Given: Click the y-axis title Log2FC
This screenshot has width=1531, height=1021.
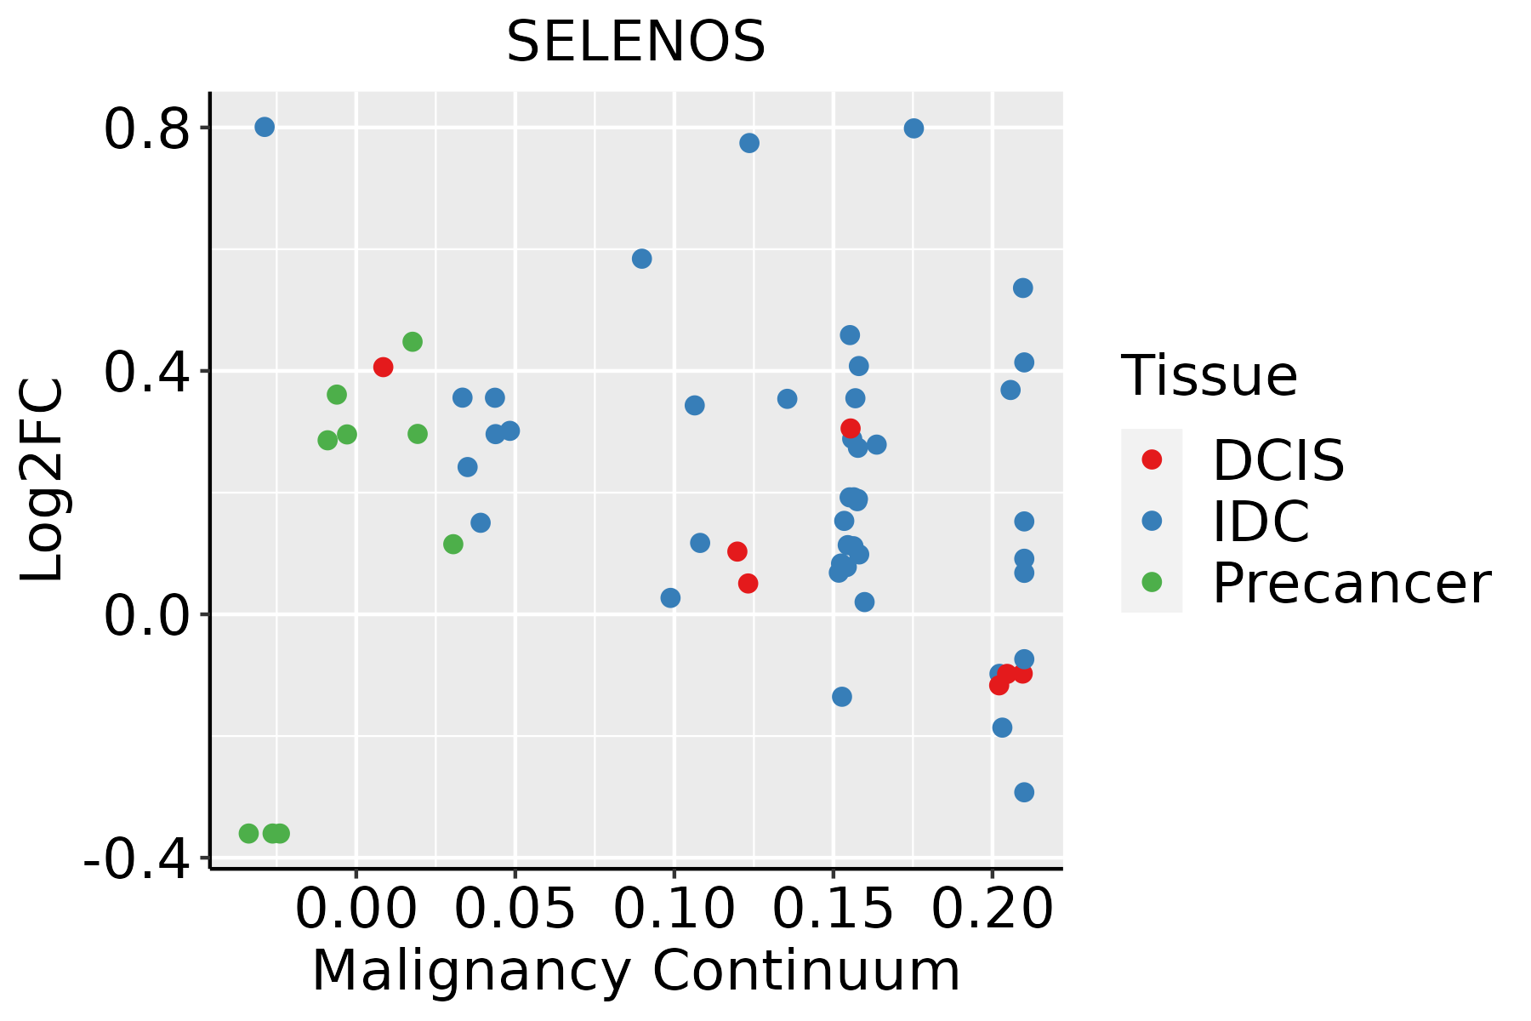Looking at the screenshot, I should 43,481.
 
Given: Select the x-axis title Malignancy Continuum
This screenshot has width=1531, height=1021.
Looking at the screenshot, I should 635,972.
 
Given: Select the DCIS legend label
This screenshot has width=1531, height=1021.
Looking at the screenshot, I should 1278,460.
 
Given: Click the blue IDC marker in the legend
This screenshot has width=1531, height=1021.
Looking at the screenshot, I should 1152,521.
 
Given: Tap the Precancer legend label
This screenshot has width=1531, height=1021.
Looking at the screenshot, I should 1351,584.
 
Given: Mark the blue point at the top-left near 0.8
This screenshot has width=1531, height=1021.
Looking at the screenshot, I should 265,127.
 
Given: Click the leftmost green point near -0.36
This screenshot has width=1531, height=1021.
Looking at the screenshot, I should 248,833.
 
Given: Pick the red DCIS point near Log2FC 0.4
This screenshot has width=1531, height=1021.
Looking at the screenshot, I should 383,367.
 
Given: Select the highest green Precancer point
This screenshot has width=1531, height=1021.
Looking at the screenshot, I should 413,342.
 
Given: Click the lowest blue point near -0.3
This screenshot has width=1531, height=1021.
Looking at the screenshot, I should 1024,792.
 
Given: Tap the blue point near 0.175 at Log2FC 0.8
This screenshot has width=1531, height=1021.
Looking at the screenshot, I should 914,128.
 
